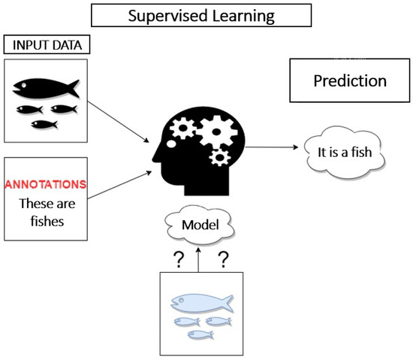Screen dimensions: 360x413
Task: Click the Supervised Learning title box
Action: pos(202,15)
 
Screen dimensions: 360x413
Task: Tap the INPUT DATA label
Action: pos(47,44)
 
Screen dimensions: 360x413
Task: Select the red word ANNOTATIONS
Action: pos(46,184)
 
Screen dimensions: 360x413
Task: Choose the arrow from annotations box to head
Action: pos(119,181)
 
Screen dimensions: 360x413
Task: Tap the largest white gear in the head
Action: pos(216,131)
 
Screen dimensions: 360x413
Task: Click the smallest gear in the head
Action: pos(219,158)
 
